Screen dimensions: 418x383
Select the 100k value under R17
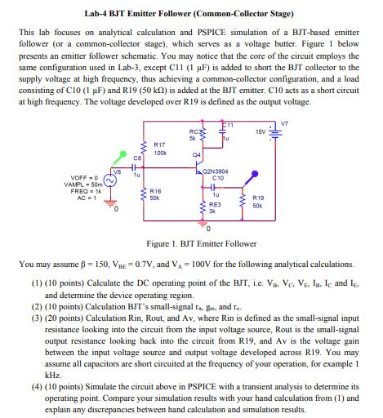[x=161, y=153]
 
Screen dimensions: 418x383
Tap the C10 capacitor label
[x=217, y=179]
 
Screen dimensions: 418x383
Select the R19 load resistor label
[x=258, y=198]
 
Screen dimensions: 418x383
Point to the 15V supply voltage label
[x=262, y=132]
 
